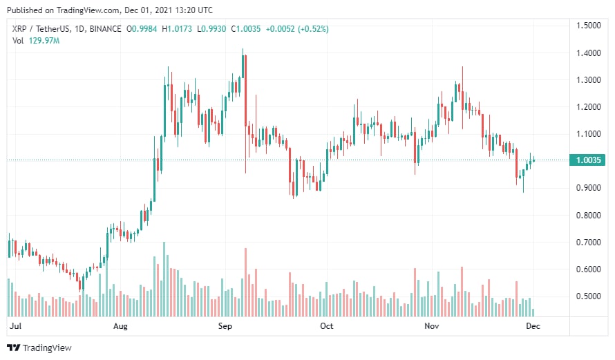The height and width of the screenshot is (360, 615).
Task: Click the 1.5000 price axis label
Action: click(x=589, y=26)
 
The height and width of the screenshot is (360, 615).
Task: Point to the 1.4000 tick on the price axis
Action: click(x=589, y=53)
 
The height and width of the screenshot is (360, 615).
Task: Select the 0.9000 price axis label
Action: click(x=589, y=188)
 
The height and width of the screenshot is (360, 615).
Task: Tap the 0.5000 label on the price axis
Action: click(x=589, y=296)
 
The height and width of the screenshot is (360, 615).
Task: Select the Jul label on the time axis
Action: click(x=14, y=325)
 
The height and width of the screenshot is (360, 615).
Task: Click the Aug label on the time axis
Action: click(x=120, y=325)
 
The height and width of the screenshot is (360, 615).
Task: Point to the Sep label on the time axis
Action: click(x=225, y=325)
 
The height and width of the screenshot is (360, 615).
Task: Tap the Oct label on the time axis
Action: click(x=327, y=325)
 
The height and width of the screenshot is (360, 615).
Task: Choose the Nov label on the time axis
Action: click(x=432, y=325)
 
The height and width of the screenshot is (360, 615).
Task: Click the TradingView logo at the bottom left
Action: click(x=39, y=348)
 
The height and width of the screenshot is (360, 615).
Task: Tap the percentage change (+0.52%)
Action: click(x=310, y=29)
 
